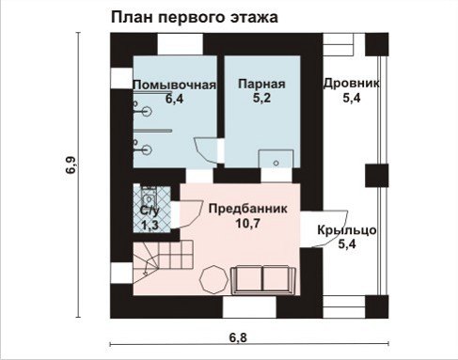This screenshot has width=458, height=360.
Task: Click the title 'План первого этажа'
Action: coord(195,18)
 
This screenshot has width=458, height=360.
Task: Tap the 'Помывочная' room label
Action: coord(175,85)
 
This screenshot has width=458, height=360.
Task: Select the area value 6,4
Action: coord(174,99)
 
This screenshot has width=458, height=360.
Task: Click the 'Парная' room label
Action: coord(261,85)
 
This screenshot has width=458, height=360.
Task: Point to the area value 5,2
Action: coord(261,98)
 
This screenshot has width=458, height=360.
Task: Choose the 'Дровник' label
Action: coord(352,84)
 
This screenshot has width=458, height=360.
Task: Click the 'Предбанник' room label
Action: coord(247,209)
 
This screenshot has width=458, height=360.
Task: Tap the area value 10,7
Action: coord(247,224)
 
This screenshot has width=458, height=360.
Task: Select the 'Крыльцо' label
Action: coord(347,230)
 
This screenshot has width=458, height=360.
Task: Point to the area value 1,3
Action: coord(150,226)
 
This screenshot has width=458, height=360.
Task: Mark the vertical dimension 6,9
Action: coord(71,165)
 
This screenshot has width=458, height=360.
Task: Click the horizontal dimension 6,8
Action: coord(238,337)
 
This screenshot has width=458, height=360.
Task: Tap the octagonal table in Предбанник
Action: coord(213,279)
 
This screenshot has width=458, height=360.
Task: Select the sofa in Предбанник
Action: coord(263,280)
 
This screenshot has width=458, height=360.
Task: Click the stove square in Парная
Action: coord(276,159)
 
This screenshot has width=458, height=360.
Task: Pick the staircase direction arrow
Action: coord(147,269)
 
